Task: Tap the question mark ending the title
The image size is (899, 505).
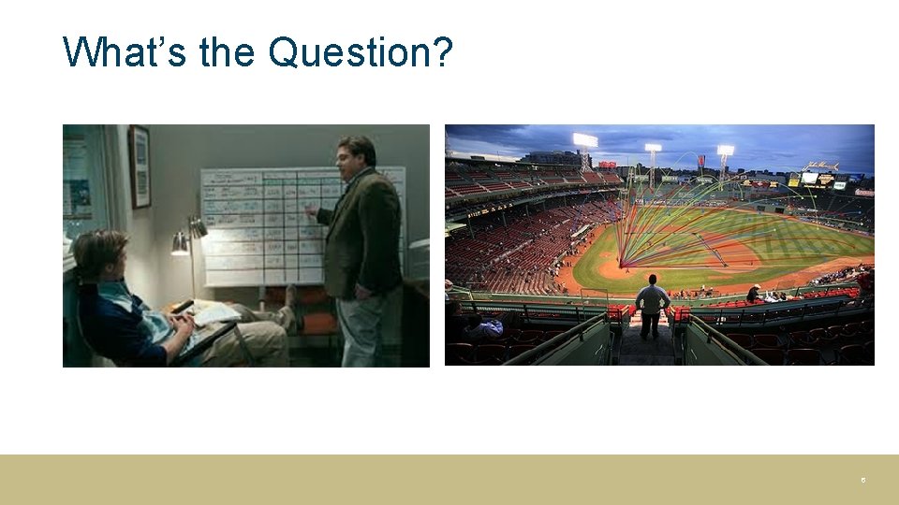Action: (x=442, y=53)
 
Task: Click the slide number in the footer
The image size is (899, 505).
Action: (x=863, y=480)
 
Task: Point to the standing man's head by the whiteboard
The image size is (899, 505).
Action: (x=357, y=152)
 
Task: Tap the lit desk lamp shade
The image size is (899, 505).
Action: (x=180, y=244)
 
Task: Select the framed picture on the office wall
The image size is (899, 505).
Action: (x=140, y=166)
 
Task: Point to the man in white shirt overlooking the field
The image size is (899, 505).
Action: (x=652, y=305)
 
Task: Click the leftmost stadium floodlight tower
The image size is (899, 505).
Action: (x=585, y=142)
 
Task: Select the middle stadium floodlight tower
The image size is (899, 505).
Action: (x=653, y=150)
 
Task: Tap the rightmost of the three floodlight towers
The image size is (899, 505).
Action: (x=725, y=151)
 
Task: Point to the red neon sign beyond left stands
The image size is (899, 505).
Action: (x=608, y=165)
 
